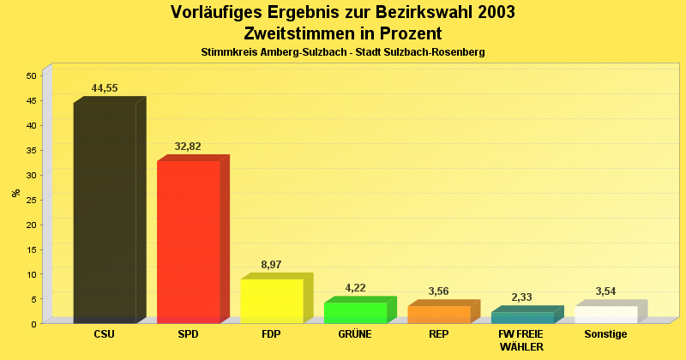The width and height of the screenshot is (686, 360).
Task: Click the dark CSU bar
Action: (105, 213)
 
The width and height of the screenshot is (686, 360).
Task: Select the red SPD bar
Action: (188, 242)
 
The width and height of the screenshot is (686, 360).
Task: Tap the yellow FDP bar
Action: (271, 301)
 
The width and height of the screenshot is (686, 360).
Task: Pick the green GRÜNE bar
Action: (355, 313)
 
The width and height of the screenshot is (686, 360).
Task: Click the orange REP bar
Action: (438, 315)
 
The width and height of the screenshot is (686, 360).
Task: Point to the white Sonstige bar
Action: (605, 315)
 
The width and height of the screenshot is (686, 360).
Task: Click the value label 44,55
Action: (105, 88)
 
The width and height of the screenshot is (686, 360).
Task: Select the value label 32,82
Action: (188, 147)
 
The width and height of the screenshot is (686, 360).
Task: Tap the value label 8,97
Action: (271, 265)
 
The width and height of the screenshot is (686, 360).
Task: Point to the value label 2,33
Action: (521, 297)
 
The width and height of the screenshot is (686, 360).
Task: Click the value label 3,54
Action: (605, 291)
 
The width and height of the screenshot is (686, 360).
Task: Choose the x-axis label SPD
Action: (188, 334)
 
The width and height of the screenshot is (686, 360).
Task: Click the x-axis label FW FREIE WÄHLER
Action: (521, 339)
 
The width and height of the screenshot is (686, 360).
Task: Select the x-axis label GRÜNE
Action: (355, 334)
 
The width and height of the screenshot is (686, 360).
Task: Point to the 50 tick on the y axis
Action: (31, 75)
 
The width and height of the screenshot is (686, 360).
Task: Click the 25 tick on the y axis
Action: (31, 200)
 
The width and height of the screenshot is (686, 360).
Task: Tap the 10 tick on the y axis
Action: (31, 274)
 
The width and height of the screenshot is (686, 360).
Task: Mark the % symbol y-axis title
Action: (16, 193)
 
